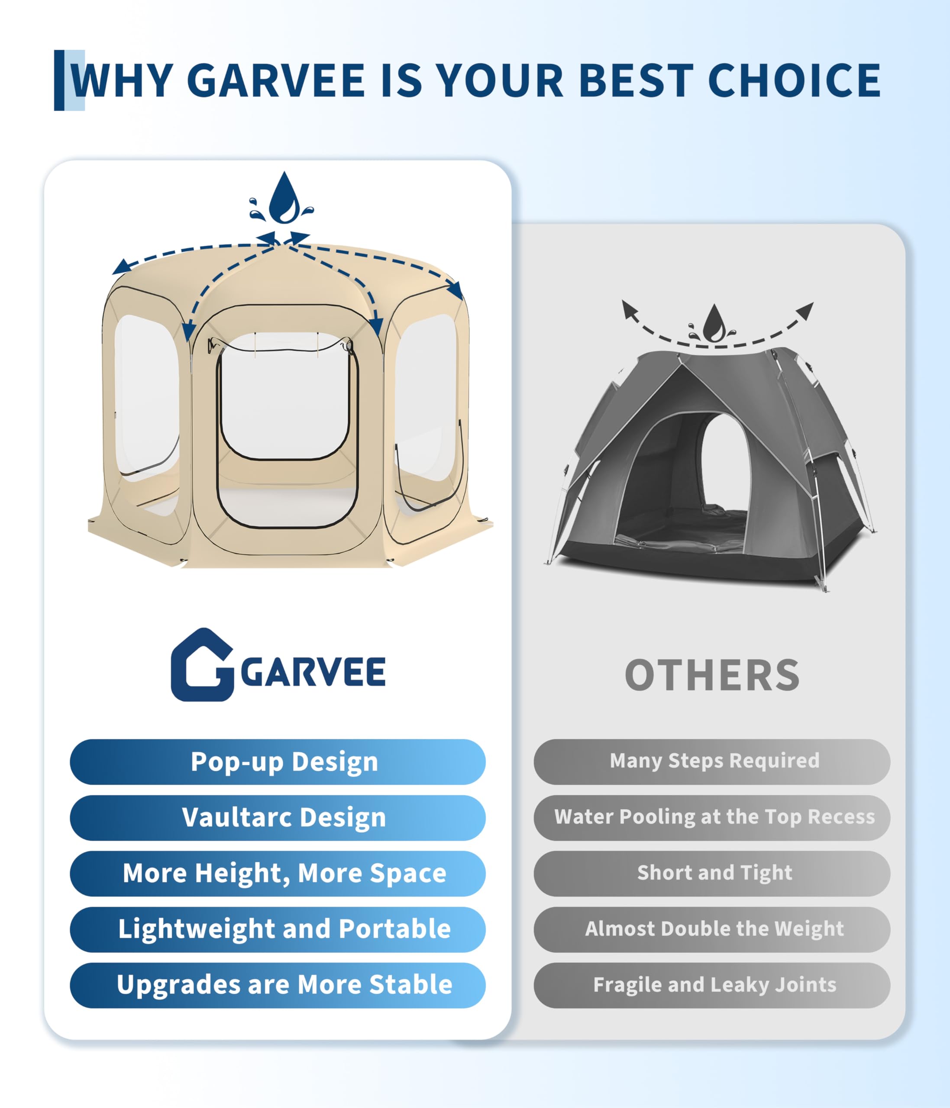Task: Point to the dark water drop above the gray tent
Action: pos(714,323)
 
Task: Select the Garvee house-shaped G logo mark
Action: pos(202,665)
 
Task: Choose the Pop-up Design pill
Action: pos(278,762)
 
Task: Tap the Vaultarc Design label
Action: pos(284,818)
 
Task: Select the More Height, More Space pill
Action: pos(278,874)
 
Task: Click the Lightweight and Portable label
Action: pos(284,929)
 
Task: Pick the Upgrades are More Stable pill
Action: pos(278,986)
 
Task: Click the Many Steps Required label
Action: pos(714,761)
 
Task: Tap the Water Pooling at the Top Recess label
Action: pos(714,817)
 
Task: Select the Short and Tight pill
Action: pos(712,874)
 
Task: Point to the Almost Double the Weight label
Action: pos(714,929)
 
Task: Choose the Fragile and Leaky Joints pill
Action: pos(712,986)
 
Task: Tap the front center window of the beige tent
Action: pos(287,396)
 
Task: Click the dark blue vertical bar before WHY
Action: pos(59,80)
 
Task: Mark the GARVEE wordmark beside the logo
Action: pos(313,672)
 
